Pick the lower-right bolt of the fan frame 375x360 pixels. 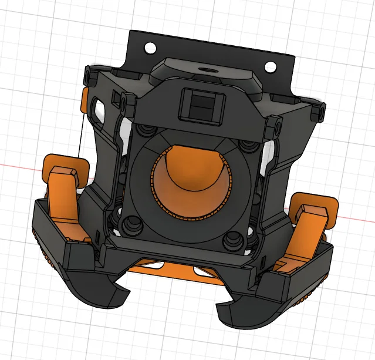pos(233,238)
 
